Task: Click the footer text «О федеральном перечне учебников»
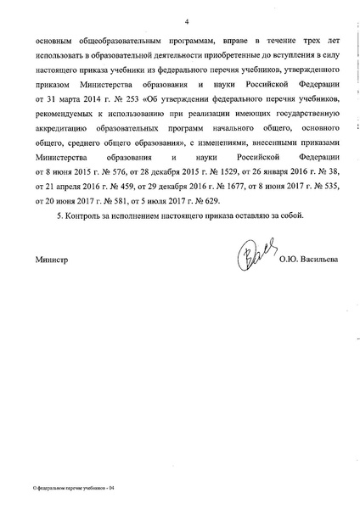click(x=63, y=490)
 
